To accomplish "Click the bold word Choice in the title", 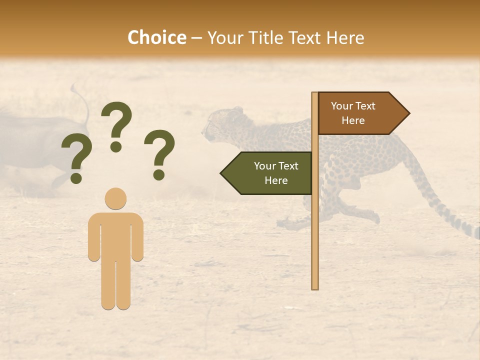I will pyautogui.click(x=156, y=38).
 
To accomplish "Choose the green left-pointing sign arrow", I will pyautogui.click(x=268, y=173).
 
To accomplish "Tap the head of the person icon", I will pyautogui.click(x=115, y=198).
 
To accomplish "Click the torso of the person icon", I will pyautogui.click(x=115, y=235).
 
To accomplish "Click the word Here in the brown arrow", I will pyautogui.click(x=353, y=120).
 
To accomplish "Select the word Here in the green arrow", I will pyautogui.click(x=276, y=180).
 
